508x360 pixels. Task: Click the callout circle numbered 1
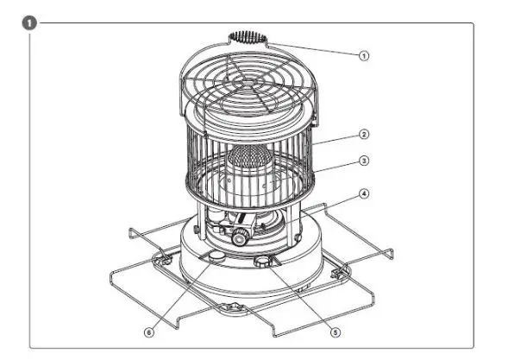point(364,54)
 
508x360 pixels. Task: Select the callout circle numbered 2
point(364,135)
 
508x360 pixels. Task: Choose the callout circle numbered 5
point(336,330)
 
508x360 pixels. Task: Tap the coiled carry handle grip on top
point(248,38)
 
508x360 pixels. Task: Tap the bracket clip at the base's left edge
point(160,257)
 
